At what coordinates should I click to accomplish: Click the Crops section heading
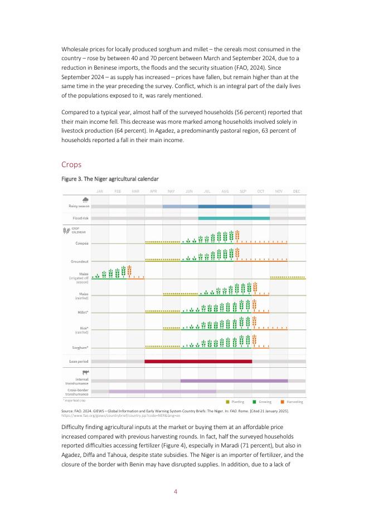point(72,164)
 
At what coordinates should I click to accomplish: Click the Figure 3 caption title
point(110,179)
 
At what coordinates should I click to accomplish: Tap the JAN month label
point(99,191)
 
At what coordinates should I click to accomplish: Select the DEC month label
point(297,191)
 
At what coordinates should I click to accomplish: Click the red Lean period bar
point(198,361)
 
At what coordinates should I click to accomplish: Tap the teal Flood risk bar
point(234,218)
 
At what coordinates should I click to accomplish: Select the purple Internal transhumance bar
point(234,381)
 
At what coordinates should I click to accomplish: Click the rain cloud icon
point(85,201)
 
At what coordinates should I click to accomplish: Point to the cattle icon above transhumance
point(85,372)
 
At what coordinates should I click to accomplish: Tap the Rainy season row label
point(76,206)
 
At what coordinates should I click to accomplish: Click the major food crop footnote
point(74,400)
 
